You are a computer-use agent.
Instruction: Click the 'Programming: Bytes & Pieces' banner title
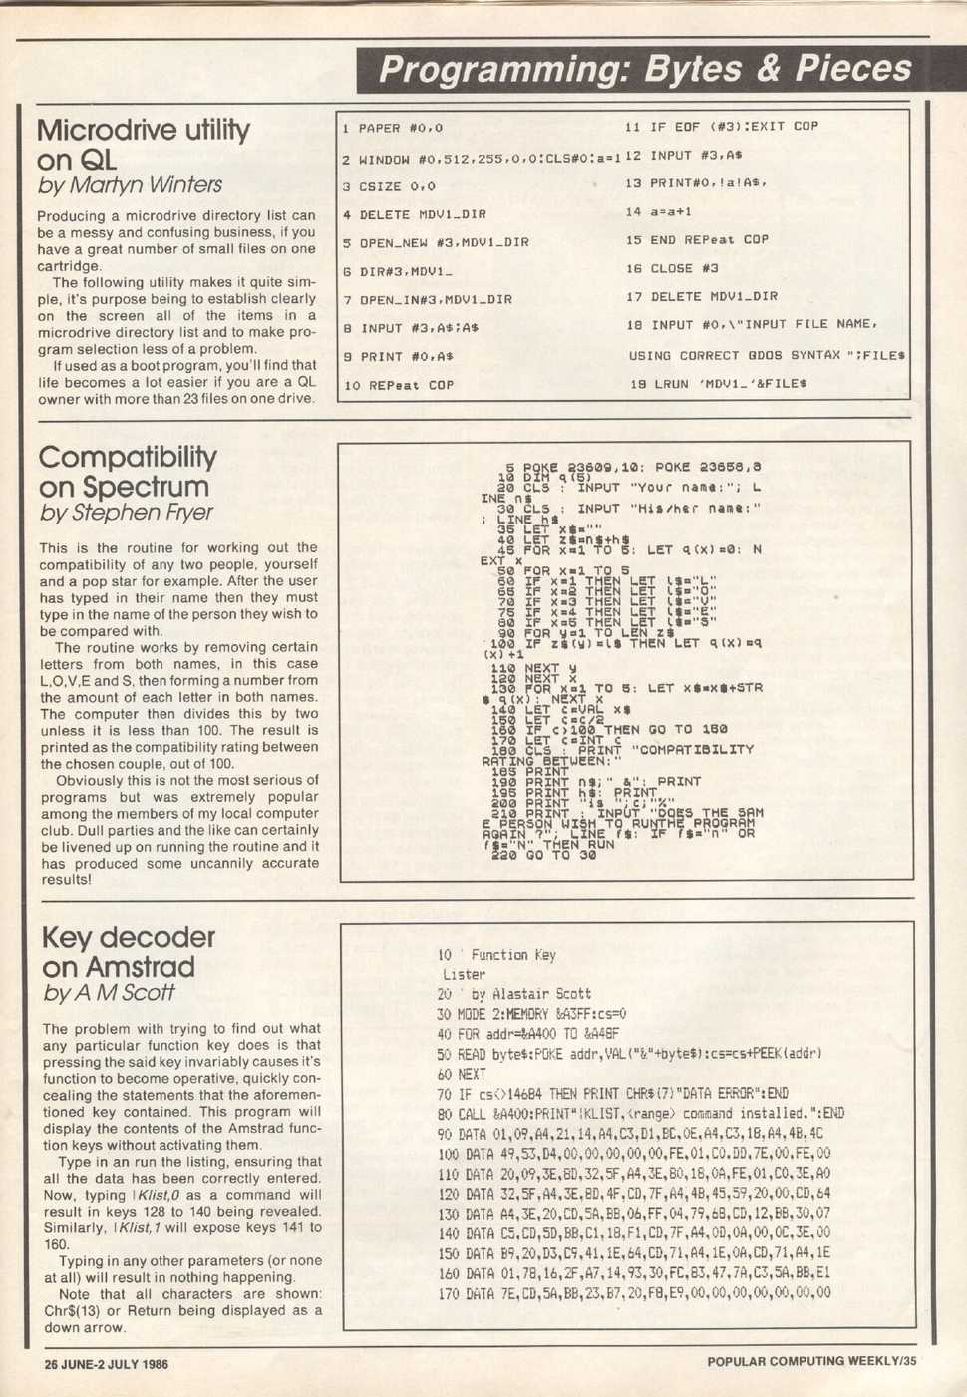pos(645,69)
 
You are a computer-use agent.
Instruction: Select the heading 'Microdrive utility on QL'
pos(143,145)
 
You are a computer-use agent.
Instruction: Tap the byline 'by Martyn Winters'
pos(130,185)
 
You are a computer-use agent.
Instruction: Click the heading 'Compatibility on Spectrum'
pos(127,472)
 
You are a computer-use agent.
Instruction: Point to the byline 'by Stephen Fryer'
pos(126,513)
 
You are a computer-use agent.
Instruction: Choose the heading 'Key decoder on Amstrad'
pos(128,952)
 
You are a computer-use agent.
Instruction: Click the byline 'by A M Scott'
pos(109,992)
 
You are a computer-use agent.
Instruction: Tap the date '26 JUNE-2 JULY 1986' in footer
pos(106,1364)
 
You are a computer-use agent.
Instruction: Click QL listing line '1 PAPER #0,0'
pos(392,128)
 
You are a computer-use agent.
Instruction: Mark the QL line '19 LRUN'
pos(718,383)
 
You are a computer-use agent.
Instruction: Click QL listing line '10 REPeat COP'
pos(398,385)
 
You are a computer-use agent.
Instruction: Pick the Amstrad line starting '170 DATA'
pos(634,1293)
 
